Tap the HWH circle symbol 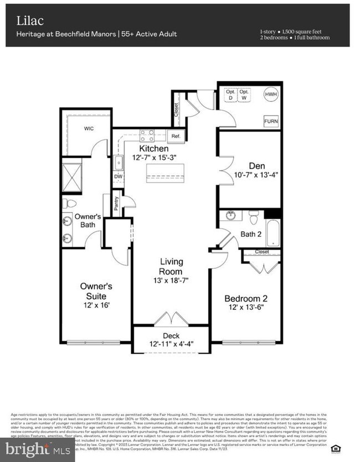click(x=271, y=95)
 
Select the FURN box click(x=271, y=121)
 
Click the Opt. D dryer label click(x=230, y=95)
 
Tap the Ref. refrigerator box click(x=176, y=136)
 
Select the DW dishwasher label click(x=117, y=177)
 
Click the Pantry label click(x=116, y=203)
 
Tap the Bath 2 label click(x=250, y=234)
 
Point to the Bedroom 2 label click(x=248, y=298)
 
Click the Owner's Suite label click(x=96, y=291)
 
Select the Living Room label click(x=171, y=266)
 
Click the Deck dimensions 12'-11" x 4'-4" click(x=171, y=345)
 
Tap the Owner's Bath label click(x=88, y=220)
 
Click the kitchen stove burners click(x=147, y=135)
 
